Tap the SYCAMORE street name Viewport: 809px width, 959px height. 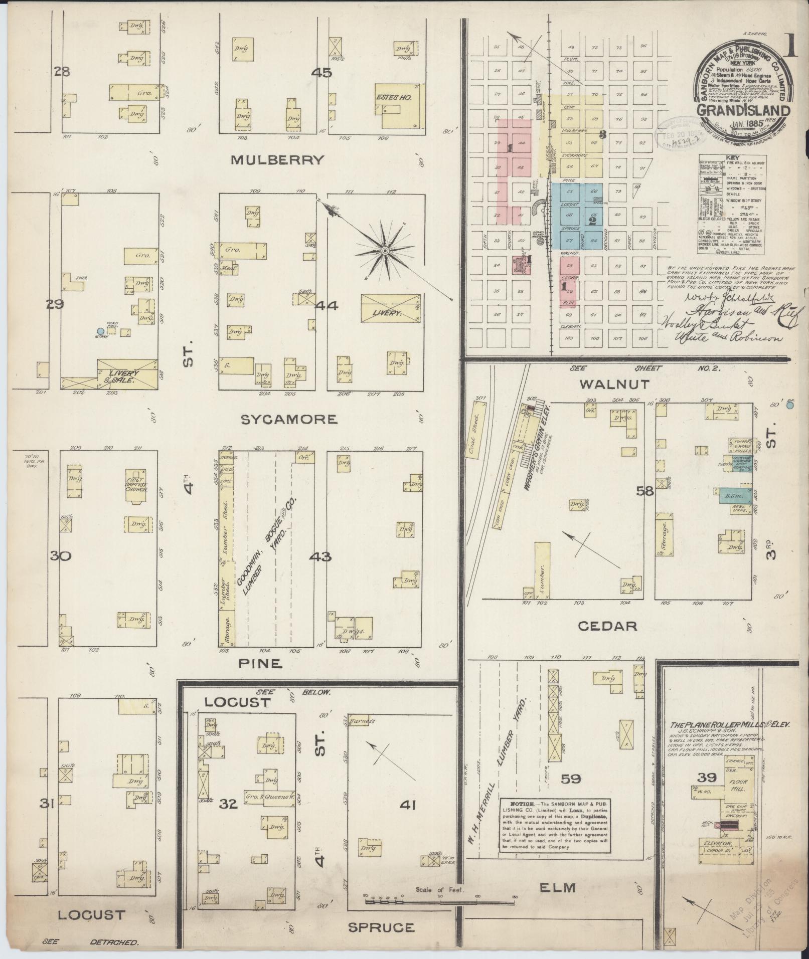point(288,419)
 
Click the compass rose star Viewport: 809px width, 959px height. point(384,250)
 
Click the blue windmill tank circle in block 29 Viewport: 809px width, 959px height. point(100,331)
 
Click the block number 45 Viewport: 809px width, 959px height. point(321,73)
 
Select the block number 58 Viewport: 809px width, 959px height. point(645,491)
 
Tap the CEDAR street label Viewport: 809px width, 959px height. point(607,626)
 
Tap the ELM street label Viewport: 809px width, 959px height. point(557,888)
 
